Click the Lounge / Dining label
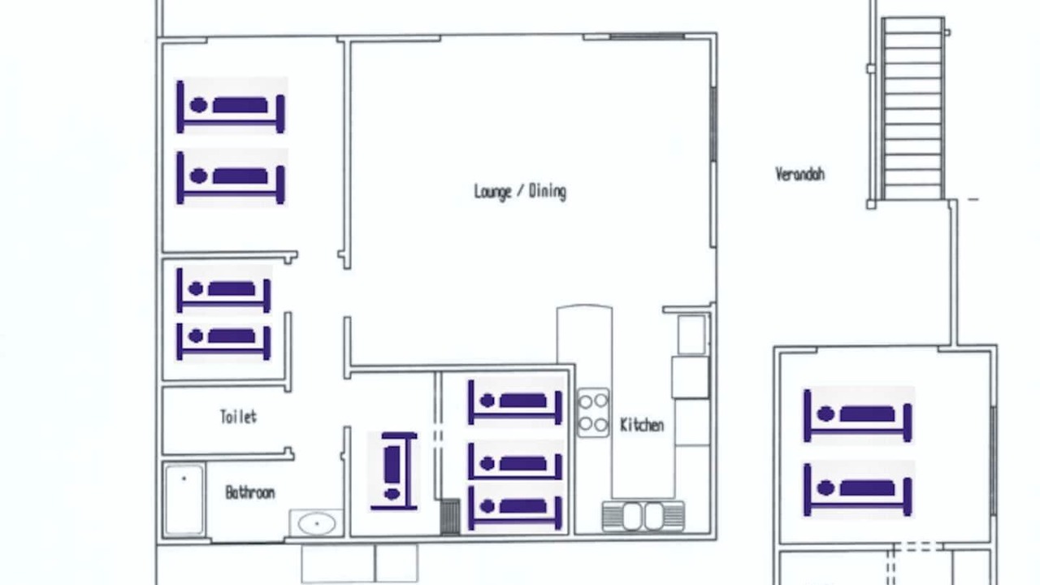520,191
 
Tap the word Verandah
800,174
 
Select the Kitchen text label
642,425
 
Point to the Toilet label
238,417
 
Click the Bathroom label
249,492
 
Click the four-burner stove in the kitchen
593,413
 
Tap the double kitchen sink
643,516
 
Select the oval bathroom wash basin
317,524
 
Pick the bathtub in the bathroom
184,500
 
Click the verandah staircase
913,109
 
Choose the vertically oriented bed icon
393,471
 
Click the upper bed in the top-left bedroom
231,106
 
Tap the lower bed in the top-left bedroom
231,178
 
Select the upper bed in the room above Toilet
223,290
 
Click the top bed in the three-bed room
515,401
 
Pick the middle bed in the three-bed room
515,461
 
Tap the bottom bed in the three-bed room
515,507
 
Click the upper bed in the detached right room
858,415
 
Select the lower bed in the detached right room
858,490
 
